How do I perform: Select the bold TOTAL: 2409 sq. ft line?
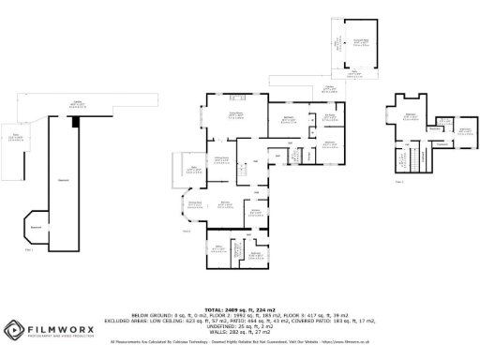pyautogui.click(x=239, y=308)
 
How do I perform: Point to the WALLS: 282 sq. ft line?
pyautogui.click(x=239, y=332)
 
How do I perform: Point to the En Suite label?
pyautogui.click(x=329, y=115)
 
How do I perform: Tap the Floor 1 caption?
pyautogui.click(x=29, y=249)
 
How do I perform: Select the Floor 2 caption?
pyautogui.click(x=186, y=230)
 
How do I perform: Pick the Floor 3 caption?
pyautogui.click(x=400, y=181)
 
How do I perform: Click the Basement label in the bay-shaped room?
pyautogui.click(x=36, y=226)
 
